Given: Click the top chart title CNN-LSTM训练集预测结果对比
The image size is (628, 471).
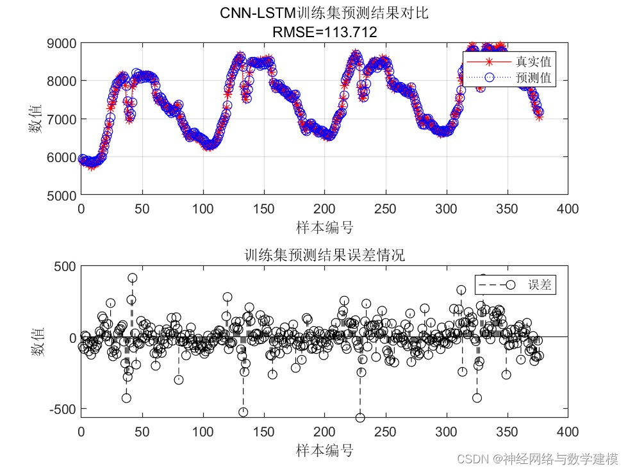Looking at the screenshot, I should [x=324, y=13].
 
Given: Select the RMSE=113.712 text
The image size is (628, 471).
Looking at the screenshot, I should [x=324, y=31].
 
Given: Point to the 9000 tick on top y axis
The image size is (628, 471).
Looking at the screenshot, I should [x=62, y=44].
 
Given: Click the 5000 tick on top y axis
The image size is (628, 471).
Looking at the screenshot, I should [x=62, y=195].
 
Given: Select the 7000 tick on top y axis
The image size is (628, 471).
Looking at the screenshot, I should [x=62, y=119].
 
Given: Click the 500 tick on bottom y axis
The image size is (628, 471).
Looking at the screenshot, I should [x=65, y=266].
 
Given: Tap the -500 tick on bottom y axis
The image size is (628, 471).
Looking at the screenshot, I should [x=62, y=408].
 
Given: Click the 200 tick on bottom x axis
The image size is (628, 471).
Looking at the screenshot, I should [x=324, y=431].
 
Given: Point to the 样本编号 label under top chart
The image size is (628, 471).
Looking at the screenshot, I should [x=324, y=227].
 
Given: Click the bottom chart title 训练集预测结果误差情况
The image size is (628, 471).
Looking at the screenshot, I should [x=324, y=254].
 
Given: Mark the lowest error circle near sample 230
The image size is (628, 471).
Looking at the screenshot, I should [x=360, y=418].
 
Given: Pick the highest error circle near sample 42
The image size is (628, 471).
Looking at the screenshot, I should [x=132, y=278].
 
